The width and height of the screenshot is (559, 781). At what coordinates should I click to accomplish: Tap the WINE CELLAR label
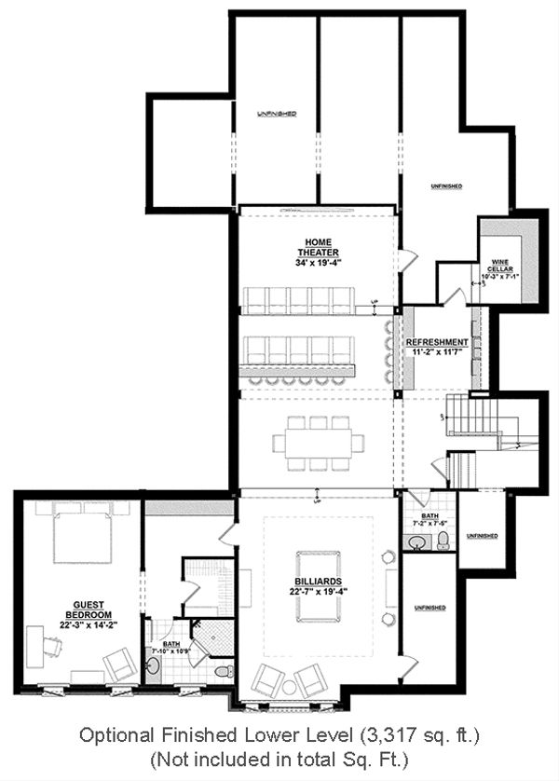tap(493, 265)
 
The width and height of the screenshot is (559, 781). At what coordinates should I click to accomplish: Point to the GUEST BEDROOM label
tap(89, 610)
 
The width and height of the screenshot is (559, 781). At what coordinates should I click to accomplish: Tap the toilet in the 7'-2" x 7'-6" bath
tap(443, 541)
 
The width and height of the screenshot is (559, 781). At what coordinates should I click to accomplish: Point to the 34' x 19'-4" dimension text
tap(319, 262)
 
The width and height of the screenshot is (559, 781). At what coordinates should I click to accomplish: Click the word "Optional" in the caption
tap(111, 736)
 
